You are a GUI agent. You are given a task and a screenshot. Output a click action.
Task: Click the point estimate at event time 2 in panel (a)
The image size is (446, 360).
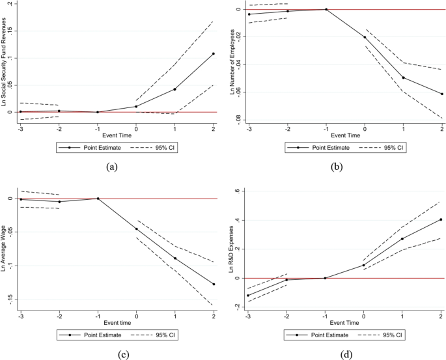tap(213, 53)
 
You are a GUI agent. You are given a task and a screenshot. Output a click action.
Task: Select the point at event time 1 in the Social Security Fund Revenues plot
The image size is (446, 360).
tap(174, 89)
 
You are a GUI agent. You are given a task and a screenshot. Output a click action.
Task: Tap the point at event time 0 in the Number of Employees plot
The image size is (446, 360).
tap(365, 37)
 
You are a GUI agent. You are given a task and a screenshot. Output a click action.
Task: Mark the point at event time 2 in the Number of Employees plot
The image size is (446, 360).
tap(441, 94)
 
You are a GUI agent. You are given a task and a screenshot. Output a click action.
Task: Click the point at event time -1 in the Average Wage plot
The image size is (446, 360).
tap(98, 199)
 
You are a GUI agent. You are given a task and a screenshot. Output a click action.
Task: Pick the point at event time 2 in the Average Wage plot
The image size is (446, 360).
tap(213, 284)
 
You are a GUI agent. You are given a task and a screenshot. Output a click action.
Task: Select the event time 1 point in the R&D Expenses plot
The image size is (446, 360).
tap(402, 239)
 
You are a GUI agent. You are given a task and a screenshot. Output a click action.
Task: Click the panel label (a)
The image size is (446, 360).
tap(111, 167)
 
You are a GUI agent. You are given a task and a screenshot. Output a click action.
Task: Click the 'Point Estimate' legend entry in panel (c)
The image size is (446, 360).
tap(91, 336)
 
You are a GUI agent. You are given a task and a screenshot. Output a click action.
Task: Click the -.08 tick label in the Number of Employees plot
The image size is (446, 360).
tap(238, 118)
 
